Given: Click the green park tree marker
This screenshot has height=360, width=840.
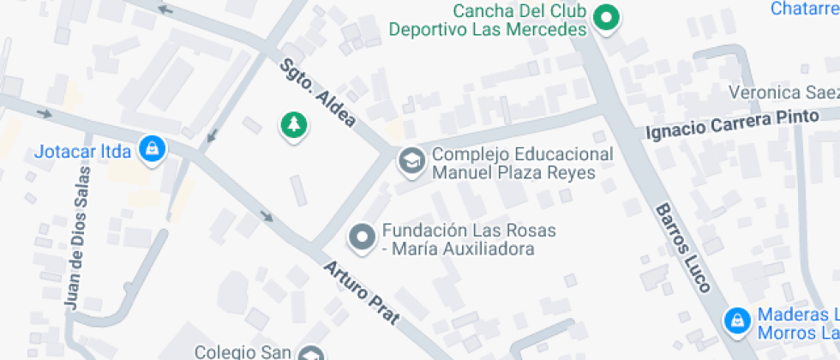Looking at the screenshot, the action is coord(294,125).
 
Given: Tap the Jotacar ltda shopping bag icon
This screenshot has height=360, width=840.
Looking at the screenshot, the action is coord(153,147).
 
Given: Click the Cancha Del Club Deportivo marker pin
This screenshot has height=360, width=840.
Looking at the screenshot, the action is coord(607,17).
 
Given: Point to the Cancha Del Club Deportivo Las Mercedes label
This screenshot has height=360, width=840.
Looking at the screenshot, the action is coord(488,21).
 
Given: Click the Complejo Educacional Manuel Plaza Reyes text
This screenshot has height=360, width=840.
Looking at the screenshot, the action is coord(522,163).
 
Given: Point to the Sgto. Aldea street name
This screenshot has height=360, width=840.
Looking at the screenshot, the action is coord(318,93).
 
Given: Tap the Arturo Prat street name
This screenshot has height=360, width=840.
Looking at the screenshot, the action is coord(361,292).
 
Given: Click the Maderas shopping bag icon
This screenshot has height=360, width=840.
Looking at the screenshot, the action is coord(735,321).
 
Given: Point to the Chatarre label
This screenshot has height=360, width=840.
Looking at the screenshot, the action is coord(804,9).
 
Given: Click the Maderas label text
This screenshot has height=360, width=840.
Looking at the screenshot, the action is coord(797,323).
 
